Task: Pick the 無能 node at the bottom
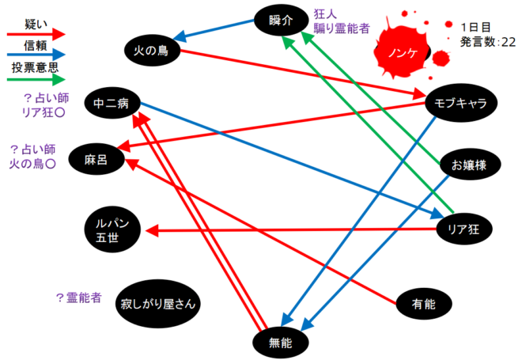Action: pos(280,342)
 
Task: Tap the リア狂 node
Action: pos(464,229)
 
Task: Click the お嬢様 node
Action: pos(467,165)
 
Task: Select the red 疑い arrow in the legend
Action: pos(36,35)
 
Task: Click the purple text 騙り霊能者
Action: pos(342,28)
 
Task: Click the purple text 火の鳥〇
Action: pos(31,163)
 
